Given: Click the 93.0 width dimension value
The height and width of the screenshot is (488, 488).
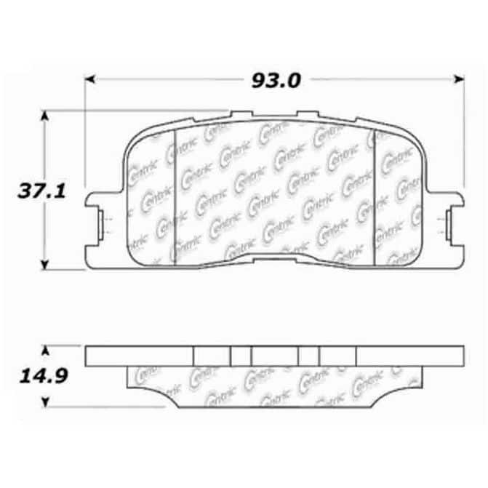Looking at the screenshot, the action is coord(276,80).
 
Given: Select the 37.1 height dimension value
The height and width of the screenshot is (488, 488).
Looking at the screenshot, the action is coord(41,191).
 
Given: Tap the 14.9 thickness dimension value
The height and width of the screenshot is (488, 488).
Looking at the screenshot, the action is coord(43,376).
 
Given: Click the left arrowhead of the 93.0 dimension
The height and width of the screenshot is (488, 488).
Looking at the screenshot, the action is coord(89,79).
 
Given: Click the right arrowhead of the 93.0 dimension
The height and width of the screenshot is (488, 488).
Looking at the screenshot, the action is coord(460,79).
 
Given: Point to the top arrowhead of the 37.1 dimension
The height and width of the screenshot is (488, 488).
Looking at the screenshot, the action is coord(45,116).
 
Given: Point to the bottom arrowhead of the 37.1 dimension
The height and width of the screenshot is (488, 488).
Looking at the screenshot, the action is coord(45,265).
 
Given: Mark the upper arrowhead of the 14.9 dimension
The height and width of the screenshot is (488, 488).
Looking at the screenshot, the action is coord(45,351).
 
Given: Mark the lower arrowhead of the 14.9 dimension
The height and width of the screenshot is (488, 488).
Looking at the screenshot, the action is coord(45,402).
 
